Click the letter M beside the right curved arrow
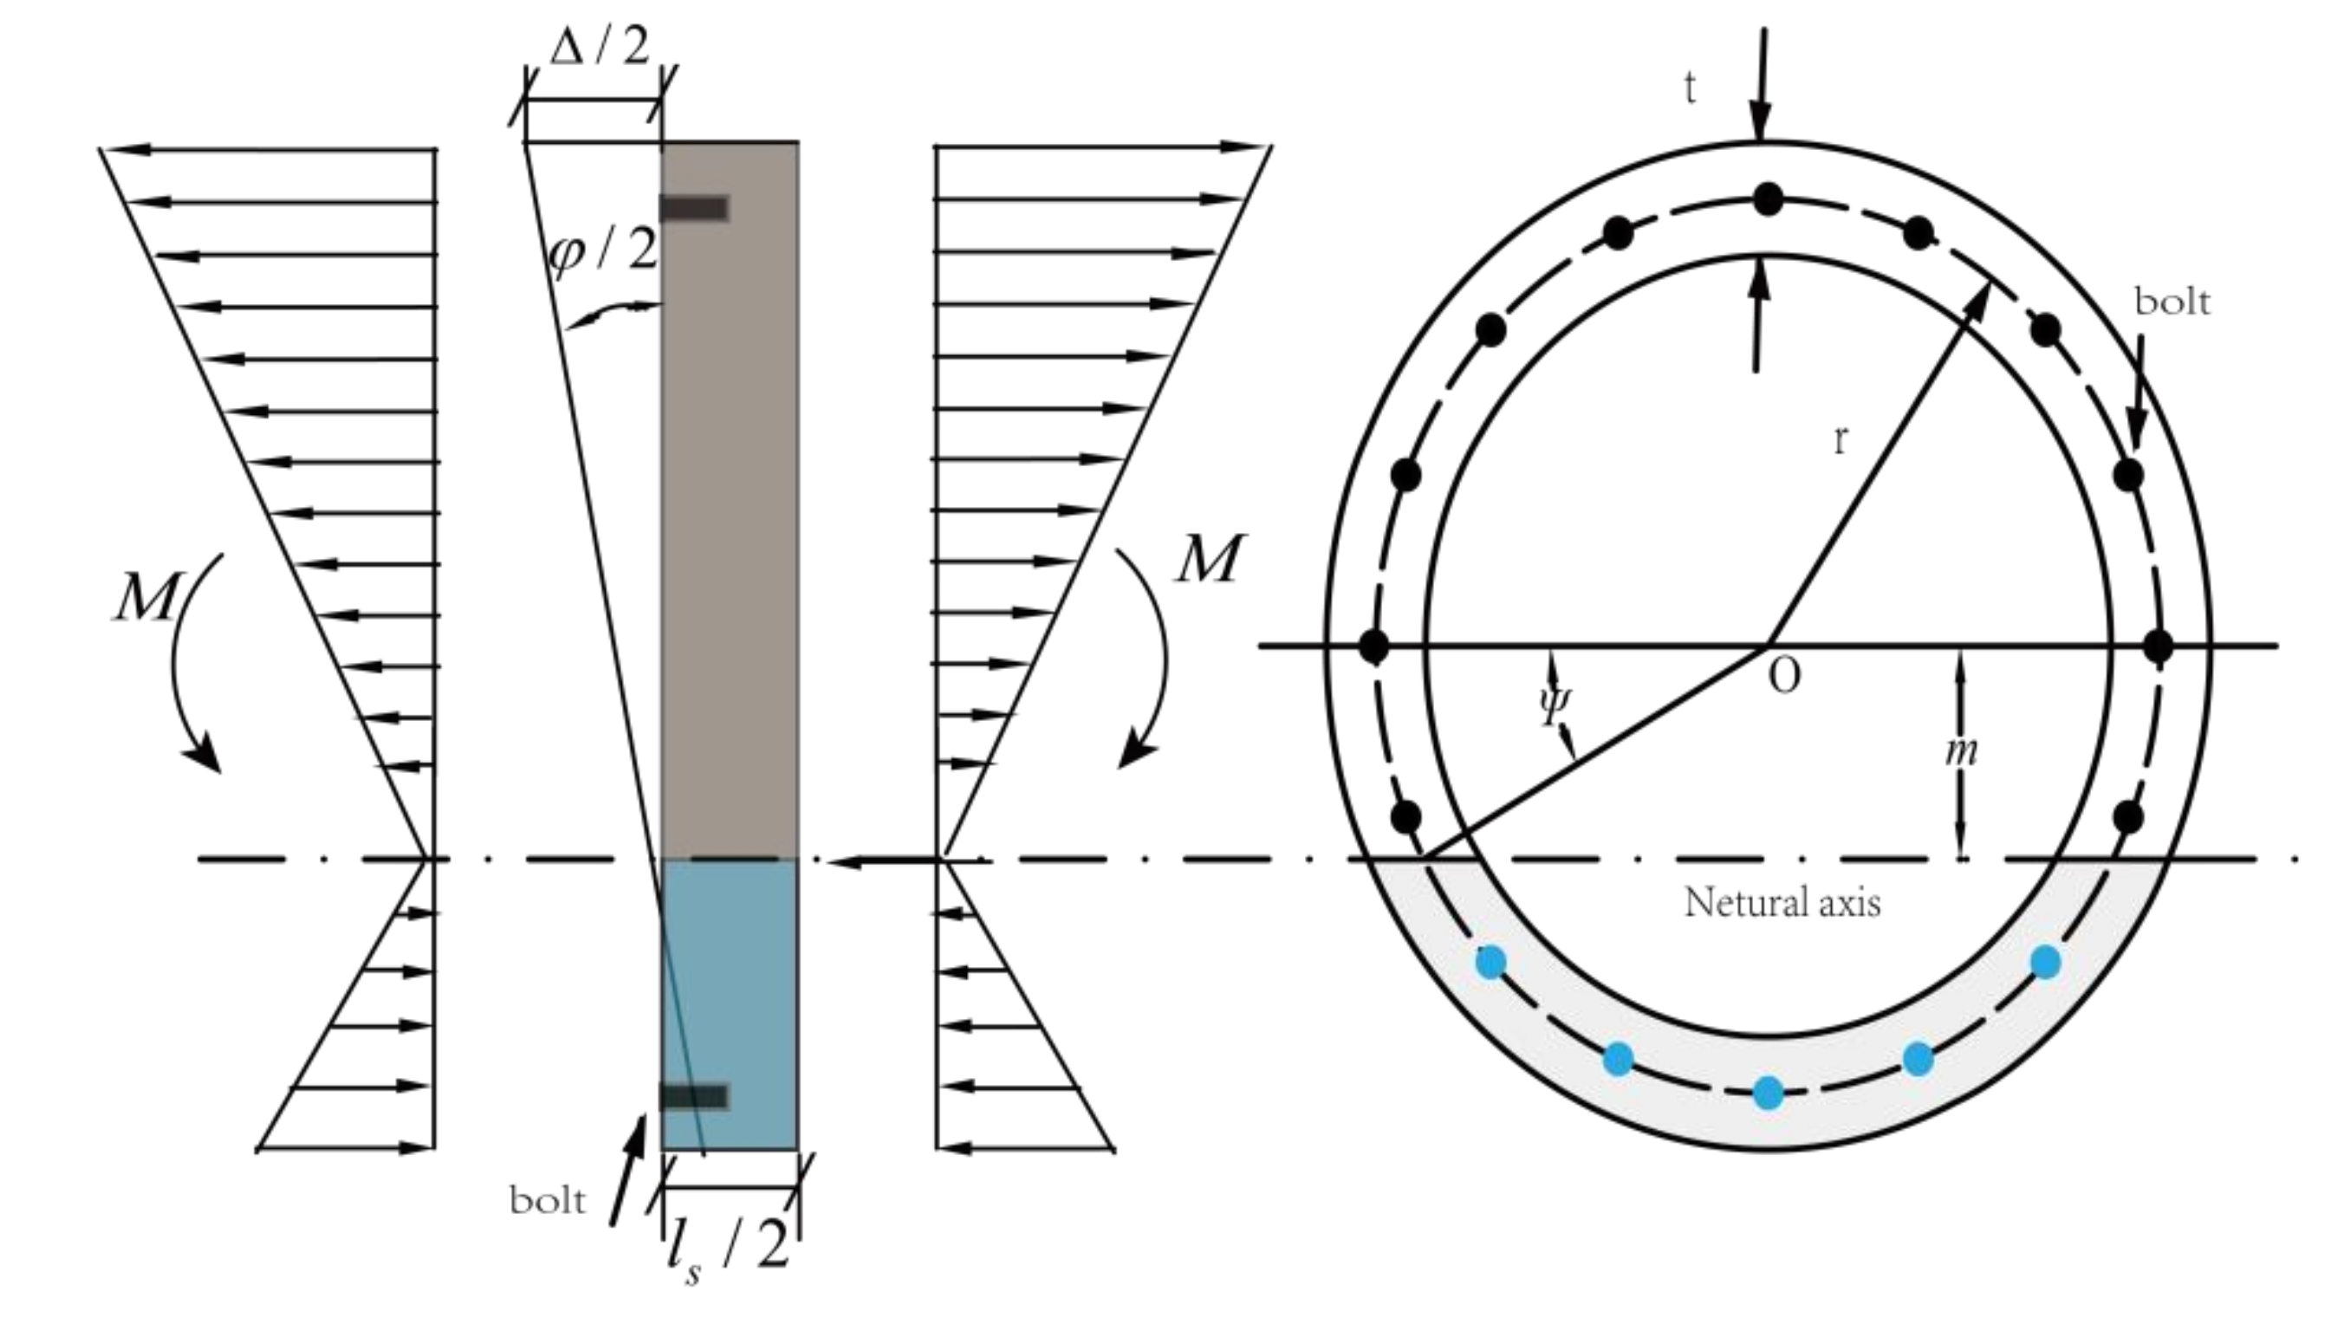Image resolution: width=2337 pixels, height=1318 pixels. coord(1210,559)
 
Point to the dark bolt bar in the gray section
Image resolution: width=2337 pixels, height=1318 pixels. coord(694,209)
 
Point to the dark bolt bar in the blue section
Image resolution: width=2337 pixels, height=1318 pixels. coord(694,1097)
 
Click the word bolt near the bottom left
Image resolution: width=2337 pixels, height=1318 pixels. coord(547,1201)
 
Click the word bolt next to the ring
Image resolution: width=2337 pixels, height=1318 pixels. coord(2171,302)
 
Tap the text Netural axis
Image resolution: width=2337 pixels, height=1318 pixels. coord(1782,903)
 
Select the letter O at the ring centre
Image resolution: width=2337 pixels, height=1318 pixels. coord(1784,677)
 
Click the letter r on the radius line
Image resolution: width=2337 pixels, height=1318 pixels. coord(1840,440)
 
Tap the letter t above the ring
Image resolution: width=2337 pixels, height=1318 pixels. coord(1689,89)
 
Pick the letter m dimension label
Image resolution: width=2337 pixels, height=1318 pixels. coord(1962,751)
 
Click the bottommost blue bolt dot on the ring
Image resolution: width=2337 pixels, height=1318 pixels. coord(1769,1093)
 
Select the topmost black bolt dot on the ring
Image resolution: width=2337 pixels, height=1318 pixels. coord(1768,199)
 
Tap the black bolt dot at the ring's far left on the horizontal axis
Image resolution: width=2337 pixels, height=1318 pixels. coord(1374,646)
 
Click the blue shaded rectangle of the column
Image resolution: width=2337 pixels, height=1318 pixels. coord(730,997)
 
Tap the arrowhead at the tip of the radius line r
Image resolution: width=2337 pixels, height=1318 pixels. coord(1978,300)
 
